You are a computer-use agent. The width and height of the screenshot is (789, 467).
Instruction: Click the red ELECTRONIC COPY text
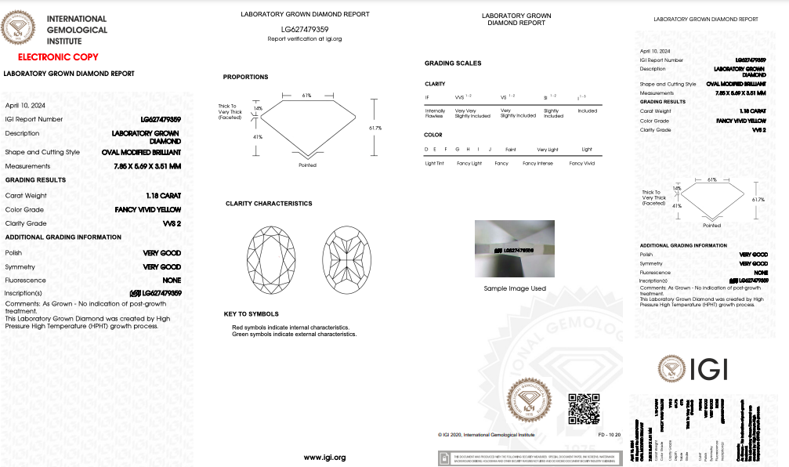pos(57,57)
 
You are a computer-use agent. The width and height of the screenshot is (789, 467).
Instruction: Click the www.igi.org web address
pos(324,457)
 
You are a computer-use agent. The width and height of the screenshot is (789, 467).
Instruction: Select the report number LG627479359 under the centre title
pos(305,29)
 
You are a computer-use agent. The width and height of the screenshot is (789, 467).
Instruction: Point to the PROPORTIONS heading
pos(245,77)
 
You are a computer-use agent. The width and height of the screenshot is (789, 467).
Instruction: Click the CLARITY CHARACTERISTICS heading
pos(269,204)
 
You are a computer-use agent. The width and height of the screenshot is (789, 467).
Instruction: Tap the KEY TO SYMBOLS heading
pos(252,313)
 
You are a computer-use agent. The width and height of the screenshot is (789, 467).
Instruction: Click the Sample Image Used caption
pos(515,288)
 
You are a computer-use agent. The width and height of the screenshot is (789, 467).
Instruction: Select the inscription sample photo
pos(515,249)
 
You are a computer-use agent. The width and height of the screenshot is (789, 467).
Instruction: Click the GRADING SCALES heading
pos(453,63)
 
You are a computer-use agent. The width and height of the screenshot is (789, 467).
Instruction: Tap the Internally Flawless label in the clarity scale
pos(434,114)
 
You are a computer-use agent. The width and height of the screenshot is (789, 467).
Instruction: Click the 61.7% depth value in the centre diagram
pos(375,128)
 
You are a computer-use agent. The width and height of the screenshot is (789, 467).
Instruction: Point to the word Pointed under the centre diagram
pos(308,165)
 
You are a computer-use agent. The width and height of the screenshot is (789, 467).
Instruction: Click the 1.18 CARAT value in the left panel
pos(163,195)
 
